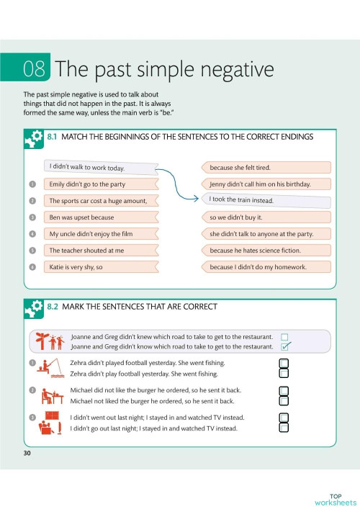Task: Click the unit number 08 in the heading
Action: click(x=35, y=69)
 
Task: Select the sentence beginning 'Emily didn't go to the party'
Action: click(x=101, y=184)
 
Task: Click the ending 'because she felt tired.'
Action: click(x=266, y=168)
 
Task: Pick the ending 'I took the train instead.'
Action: click(x=266, y=199)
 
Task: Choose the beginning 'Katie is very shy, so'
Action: click(x=101, y=267)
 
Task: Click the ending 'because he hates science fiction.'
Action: click(x=266, y=251)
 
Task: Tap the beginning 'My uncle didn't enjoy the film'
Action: click(x=101, y=234)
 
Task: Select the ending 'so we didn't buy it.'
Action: click(x=266, y=217)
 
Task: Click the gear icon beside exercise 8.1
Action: click(x=34, y=138)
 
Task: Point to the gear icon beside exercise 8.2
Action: click(x=34, y=309)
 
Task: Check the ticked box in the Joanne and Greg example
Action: click(x=285, y=346)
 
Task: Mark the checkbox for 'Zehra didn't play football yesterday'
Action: click(x=284, y=374)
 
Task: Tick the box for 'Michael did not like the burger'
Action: click(x=284, y=391)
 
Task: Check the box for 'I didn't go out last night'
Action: click(x=284, y=428)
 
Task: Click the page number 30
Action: click(x=27, y=453)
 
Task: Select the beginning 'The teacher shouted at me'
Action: click(x=101, y=251)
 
